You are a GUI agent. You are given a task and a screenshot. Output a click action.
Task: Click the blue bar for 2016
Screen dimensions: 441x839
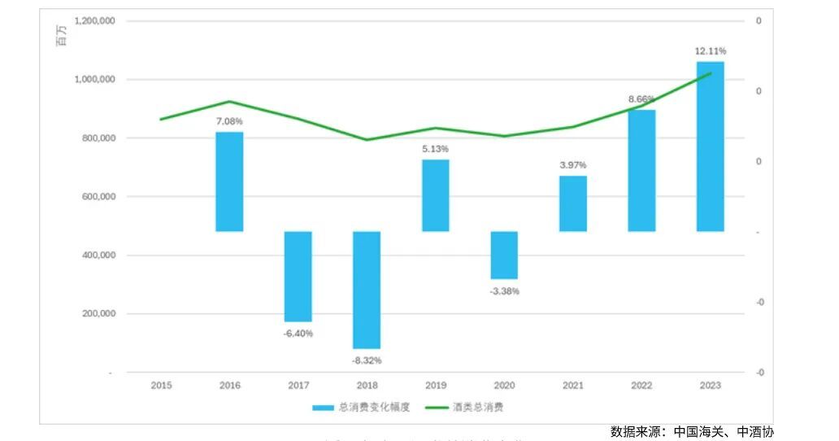229,181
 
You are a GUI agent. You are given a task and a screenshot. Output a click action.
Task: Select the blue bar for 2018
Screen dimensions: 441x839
367,290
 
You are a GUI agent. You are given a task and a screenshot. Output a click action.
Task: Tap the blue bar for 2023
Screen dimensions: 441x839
710,146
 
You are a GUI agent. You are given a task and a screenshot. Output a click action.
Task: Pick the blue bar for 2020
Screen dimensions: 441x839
504,255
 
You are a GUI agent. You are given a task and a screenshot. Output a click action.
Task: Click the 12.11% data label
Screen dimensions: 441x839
710,51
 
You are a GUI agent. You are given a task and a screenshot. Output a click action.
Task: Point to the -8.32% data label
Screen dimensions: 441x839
367,360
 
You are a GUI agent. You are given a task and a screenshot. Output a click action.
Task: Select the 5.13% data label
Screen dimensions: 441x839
435,149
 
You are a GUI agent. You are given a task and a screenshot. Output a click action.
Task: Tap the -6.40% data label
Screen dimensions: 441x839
298,333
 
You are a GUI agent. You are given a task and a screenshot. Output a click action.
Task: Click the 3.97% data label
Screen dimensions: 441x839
572,165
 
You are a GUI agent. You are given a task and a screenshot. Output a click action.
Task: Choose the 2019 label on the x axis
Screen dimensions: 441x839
435,385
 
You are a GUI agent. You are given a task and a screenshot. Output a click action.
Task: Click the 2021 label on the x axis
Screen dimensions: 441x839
572,385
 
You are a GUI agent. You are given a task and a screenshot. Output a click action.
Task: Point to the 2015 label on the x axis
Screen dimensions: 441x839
161,385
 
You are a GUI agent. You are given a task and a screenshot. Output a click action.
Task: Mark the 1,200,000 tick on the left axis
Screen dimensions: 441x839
94,21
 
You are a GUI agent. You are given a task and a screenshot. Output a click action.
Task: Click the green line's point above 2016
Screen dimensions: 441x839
229,102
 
